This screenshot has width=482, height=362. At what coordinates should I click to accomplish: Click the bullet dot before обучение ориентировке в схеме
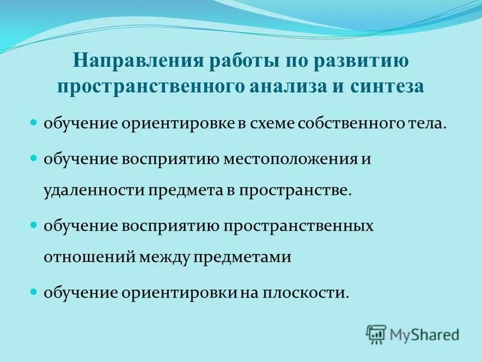(34, 123)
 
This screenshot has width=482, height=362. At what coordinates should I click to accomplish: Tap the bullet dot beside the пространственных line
(34, 225)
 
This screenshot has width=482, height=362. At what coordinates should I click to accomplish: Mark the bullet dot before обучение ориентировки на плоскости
(34, 292)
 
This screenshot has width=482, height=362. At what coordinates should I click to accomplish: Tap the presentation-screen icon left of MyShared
(376, 333)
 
